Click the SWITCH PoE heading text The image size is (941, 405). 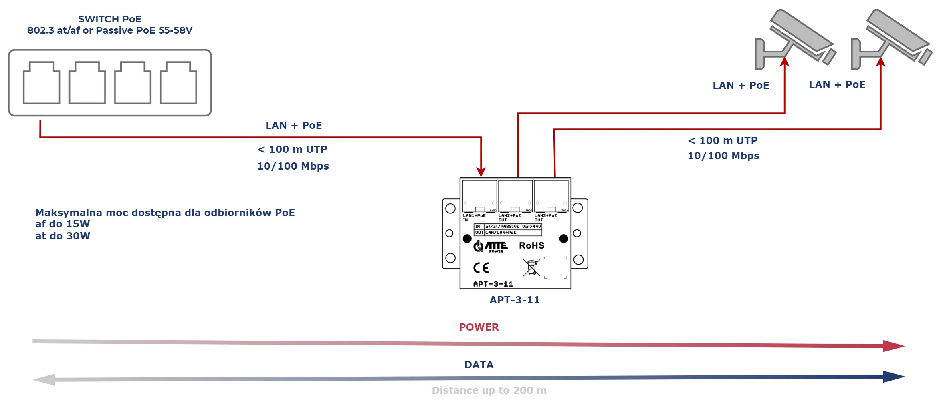[109, 19]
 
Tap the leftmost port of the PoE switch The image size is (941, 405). [41, 83]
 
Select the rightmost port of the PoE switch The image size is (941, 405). [178, 83]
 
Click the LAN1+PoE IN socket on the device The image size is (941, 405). [479, 196]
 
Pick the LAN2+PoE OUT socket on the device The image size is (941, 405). [515, 196]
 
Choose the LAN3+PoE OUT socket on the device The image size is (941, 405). [551, 196]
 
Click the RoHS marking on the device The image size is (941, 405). [531, 245]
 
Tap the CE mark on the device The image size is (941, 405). [481, 268]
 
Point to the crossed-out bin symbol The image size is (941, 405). [531, 267]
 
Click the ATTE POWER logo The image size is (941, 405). [491, 246]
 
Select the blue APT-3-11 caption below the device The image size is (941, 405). [515, 300]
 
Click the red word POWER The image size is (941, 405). [479, 327]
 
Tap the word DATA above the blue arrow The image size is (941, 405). [479, 365]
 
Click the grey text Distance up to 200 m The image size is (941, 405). [489, 390]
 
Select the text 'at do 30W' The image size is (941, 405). [63, 236]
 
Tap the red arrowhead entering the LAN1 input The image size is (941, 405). [481, 172]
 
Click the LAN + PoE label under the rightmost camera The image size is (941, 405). [837, 84]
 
